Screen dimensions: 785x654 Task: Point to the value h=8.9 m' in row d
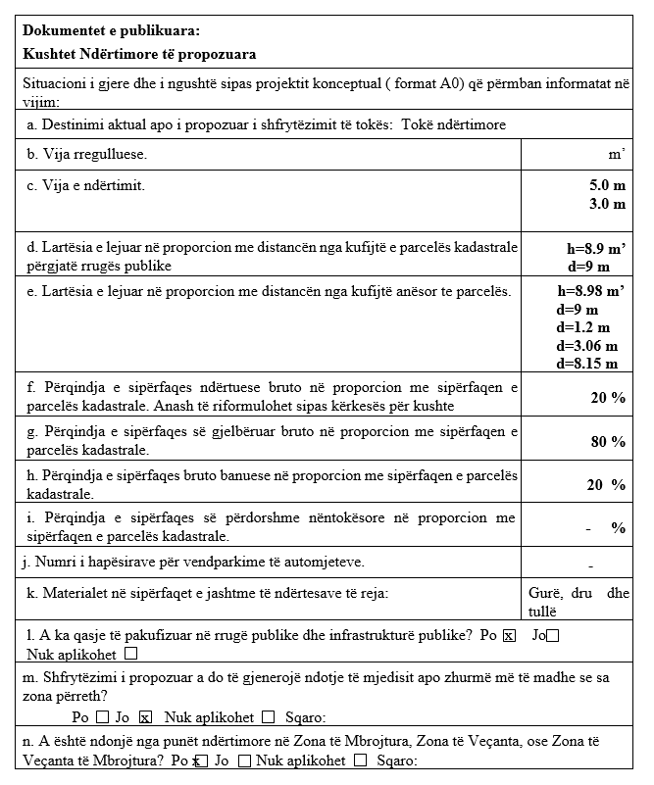point(588,249)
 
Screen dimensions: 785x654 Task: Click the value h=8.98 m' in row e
point(590,291)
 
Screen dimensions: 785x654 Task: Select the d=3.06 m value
point(586,345)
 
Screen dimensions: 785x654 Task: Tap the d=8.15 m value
point(586,364)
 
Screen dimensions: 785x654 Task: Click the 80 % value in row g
point(607,442)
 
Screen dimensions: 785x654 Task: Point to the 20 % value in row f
point(607,398)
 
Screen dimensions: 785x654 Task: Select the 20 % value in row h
point(606,485)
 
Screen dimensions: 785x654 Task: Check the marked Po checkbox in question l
point(508,636)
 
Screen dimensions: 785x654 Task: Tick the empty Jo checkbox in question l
point(553,636)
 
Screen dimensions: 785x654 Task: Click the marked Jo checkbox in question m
point(145,716)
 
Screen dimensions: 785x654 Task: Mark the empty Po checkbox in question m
point(102,716)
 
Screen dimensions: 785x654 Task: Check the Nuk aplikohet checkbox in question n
point(361,760)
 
